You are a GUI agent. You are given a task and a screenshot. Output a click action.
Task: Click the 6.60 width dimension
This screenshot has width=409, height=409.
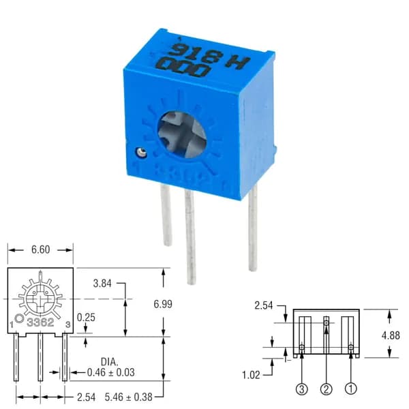40,249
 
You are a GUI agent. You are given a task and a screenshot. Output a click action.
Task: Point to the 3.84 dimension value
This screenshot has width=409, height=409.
102,284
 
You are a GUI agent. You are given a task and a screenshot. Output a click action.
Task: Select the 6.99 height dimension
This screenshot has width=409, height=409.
163,304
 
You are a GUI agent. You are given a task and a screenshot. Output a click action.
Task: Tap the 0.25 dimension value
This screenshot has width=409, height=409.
86,318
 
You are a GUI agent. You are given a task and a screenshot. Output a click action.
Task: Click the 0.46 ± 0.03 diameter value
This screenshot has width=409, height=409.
111,372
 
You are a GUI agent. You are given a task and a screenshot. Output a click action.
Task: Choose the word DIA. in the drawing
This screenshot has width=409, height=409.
110,362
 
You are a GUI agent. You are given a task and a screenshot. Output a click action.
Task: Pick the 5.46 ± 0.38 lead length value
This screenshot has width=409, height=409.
129,397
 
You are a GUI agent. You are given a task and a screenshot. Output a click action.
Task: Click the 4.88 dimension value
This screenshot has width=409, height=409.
391,335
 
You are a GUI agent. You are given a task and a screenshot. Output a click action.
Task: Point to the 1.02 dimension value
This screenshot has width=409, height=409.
251,375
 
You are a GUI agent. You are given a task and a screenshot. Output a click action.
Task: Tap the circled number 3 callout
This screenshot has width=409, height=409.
302,389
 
